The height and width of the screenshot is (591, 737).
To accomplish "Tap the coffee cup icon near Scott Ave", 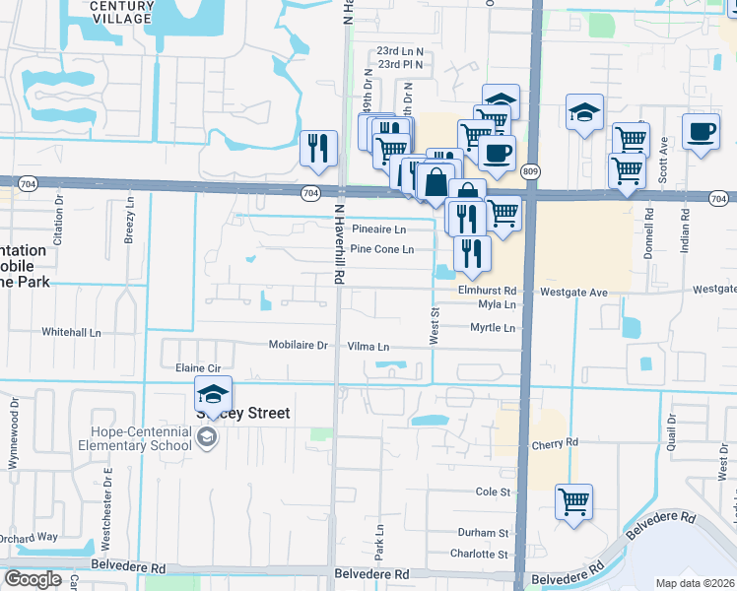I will pos(701,132).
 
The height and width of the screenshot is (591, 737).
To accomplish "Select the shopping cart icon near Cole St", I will pos(573,502).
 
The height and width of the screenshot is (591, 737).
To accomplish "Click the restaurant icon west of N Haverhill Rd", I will pos(318,149).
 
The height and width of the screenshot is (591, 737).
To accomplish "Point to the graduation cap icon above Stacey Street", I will pos(213,394).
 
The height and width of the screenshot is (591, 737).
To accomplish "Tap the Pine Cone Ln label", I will pos(381,249).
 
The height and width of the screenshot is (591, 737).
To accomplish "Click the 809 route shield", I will pos(531,169).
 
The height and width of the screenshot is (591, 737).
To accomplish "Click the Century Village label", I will pos(121,12).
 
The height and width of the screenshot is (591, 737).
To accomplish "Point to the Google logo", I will pos(33,579).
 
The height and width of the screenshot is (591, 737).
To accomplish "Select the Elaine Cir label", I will pos(195,367).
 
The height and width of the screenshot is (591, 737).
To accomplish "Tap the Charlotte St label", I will pos(478,554).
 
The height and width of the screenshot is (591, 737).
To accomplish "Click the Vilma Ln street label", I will pos(368,347).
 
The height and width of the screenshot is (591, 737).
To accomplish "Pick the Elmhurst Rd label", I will pos(487,292).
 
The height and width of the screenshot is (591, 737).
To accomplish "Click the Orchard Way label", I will pos(29,538).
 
